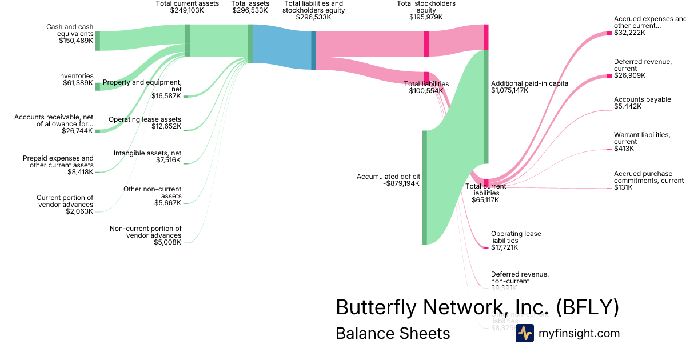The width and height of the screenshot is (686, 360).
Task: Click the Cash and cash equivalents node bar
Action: (98, 41)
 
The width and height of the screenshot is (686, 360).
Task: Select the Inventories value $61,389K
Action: (78, 83)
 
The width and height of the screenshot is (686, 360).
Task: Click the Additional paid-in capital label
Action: (531, 83)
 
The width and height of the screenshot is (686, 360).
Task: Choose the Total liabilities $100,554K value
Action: (426, 91)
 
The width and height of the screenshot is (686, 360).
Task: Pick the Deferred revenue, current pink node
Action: (609, 75)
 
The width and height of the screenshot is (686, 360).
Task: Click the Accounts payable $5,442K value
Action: (628, 106)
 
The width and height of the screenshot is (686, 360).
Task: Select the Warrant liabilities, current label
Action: (641, 138)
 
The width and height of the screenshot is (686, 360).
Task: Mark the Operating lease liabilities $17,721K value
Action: (504, 247)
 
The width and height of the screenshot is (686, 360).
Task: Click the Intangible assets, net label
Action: (147, 153)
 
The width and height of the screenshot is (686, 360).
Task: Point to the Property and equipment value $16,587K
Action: (166, 96)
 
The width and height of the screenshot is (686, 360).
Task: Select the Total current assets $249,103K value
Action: (187, 10)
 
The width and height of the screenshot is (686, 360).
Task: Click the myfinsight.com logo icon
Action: (524, 333)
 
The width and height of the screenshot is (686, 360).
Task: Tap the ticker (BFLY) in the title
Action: (587, 307)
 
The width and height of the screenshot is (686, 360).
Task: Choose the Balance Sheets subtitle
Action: (393, 333)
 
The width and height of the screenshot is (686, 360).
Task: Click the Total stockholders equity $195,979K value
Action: (426, 17)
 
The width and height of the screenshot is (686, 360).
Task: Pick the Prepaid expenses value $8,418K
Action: (78, 171)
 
